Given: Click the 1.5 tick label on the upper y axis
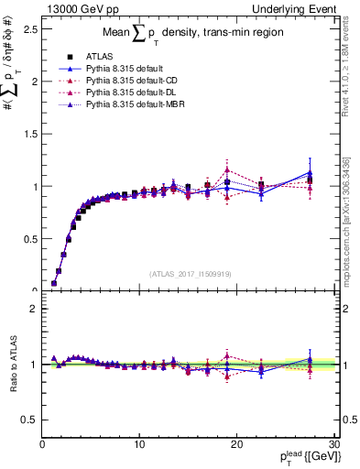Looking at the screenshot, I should point(28,134).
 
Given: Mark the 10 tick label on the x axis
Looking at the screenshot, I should point(139,446).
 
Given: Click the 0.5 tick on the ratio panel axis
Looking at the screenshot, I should point(28,419).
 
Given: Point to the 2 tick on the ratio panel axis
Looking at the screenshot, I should point(33,309).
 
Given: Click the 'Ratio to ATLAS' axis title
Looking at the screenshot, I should point(11,364).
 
